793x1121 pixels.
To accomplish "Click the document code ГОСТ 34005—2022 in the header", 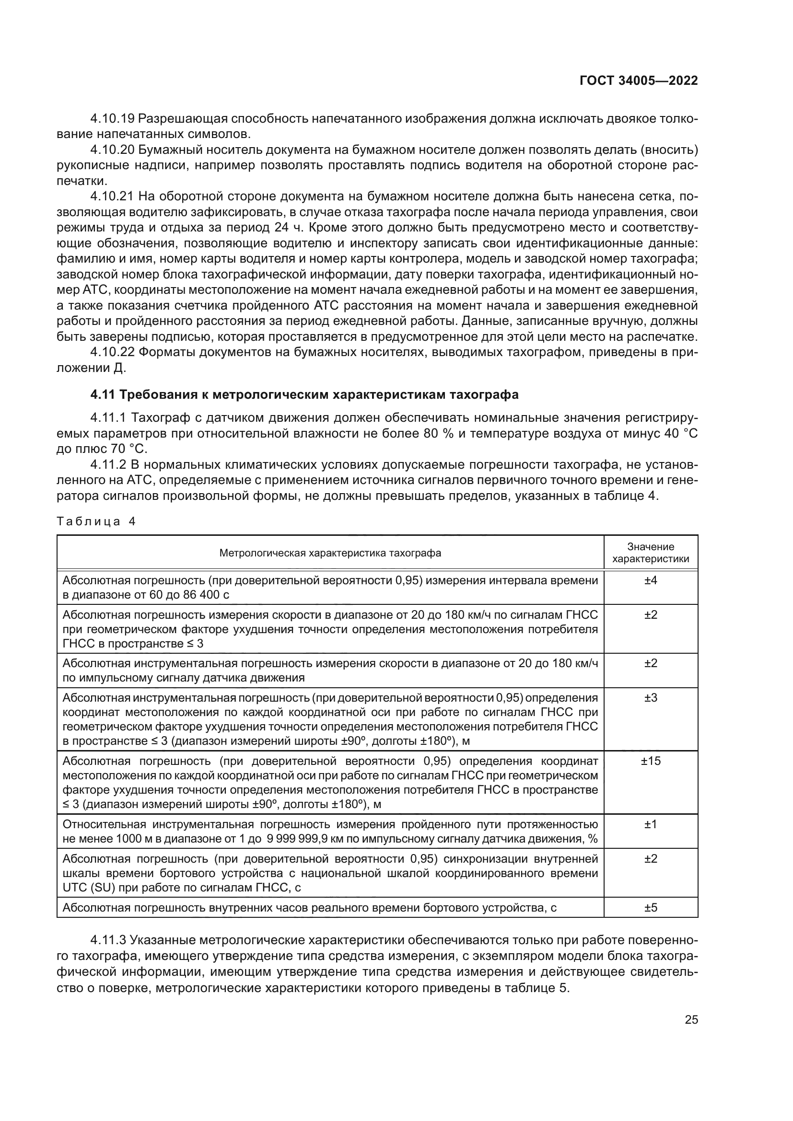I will tap(638, 81).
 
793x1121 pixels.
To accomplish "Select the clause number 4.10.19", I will tap(112, 119).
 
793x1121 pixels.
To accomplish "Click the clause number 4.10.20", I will tap(112, 150).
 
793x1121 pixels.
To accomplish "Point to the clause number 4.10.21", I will tap(112, 197).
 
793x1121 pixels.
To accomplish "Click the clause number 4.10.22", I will tap(112, 353).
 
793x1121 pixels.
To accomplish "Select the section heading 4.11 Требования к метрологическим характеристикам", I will tap(304, 394).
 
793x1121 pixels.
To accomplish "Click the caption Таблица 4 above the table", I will tap(96, 521).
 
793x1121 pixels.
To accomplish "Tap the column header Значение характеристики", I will tap(651, 553).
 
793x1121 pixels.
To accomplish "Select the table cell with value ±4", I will tap(651, 580).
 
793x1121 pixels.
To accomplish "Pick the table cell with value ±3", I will tap(651, 698).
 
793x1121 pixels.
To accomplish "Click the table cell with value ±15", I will tap(651, 761).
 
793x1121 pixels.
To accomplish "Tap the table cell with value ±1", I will tap(651, 824).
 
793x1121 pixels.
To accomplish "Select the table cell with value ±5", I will tap(651, 908).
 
